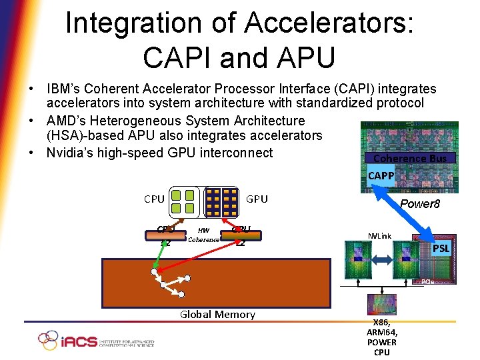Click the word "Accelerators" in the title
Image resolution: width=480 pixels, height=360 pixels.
click(329, 23)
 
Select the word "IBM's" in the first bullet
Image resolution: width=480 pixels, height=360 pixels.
click(65, 89)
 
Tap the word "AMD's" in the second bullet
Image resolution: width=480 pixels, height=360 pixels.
click(67, 121)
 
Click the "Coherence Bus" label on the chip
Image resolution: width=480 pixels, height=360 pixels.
click(410, 159)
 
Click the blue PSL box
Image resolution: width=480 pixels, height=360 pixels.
click(441, 249)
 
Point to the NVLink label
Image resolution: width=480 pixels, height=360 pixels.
click(381, 236)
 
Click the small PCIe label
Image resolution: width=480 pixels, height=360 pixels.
click(427, 282)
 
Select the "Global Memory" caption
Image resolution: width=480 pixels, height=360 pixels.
click(217, 315)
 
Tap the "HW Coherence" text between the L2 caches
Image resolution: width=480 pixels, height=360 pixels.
click(203, 235)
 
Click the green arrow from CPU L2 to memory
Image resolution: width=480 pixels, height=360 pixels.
click(159, 254)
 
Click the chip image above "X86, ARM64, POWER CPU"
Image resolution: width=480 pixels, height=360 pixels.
click(381, 305)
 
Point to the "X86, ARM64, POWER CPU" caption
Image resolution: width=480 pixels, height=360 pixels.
click(381, 337)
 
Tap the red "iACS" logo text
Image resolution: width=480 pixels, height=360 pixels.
click(79, 341)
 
